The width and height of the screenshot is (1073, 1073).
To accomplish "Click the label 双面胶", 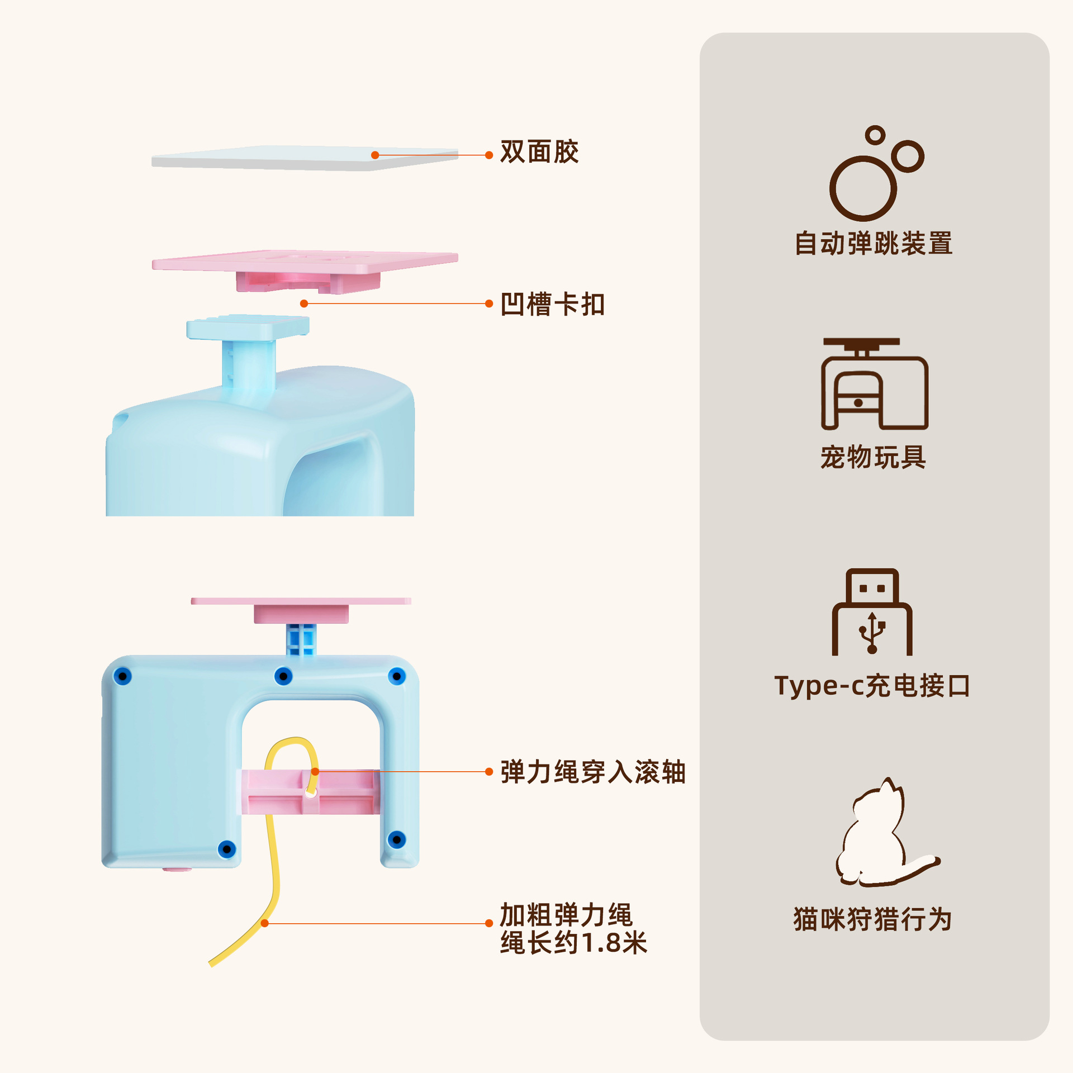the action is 539,152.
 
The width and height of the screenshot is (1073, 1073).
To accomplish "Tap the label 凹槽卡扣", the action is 552,305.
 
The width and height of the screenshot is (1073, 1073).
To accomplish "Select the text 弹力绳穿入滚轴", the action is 592,772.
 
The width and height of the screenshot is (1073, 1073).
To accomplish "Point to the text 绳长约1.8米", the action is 573,943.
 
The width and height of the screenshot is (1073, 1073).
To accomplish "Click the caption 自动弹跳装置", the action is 873,244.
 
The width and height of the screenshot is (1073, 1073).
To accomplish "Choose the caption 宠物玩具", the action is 873,457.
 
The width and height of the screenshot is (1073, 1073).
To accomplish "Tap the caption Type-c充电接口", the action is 872,686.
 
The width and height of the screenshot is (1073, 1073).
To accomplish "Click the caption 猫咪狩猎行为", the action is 872,919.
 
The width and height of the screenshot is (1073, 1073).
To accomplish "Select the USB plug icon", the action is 872,613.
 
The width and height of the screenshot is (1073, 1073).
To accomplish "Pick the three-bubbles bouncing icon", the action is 875,173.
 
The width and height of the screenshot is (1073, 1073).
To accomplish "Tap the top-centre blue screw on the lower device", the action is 283,677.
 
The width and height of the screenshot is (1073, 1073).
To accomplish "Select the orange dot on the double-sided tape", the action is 375,155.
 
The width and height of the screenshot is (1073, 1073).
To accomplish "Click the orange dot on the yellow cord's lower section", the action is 265,923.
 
